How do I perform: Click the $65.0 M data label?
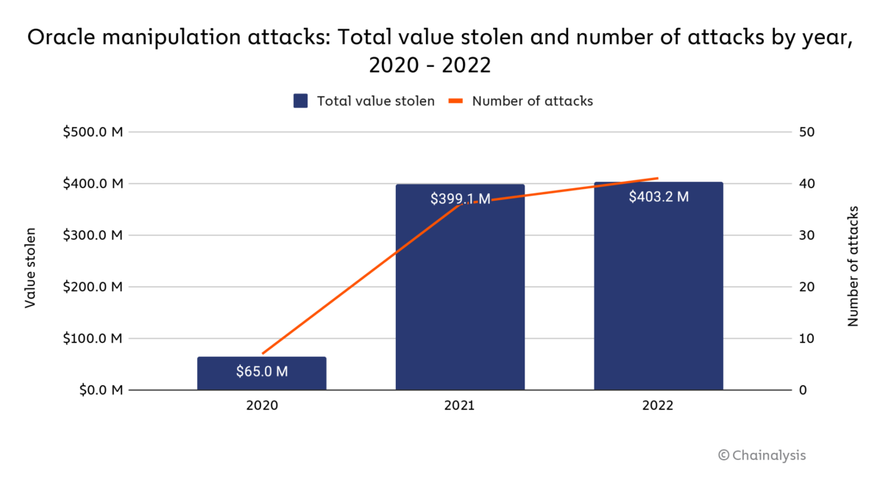point(262,371)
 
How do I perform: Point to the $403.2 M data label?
point(659,196)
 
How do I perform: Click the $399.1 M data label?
point(460,199)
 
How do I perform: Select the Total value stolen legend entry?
point(364,101)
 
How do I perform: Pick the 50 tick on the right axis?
point(806,132)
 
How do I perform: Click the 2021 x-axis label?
point(460,405)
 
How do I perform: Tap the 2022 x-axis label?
point(659,405)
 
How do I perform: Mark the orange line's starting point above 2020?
point(263,354)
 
